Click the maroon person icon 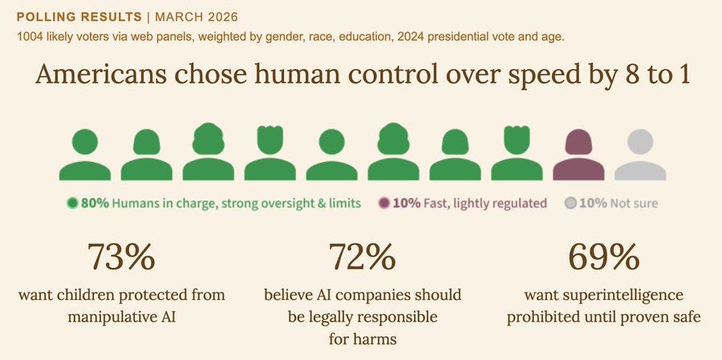[578, 155]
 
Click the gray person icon [640, 155]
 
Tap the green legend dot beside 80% [72, 203]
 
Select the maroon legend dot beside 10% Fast [384, 203]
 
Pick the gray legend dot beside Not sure [570, 203]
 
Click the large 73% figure [120, 257]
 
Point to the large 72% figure [362, 257]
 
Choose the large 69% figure [603, 257]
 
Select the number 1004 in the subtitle [30, 36]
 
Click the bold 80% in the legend [94, 203]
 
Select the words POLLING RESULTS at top [70, 16]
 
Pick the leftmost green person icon [84, 155]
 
